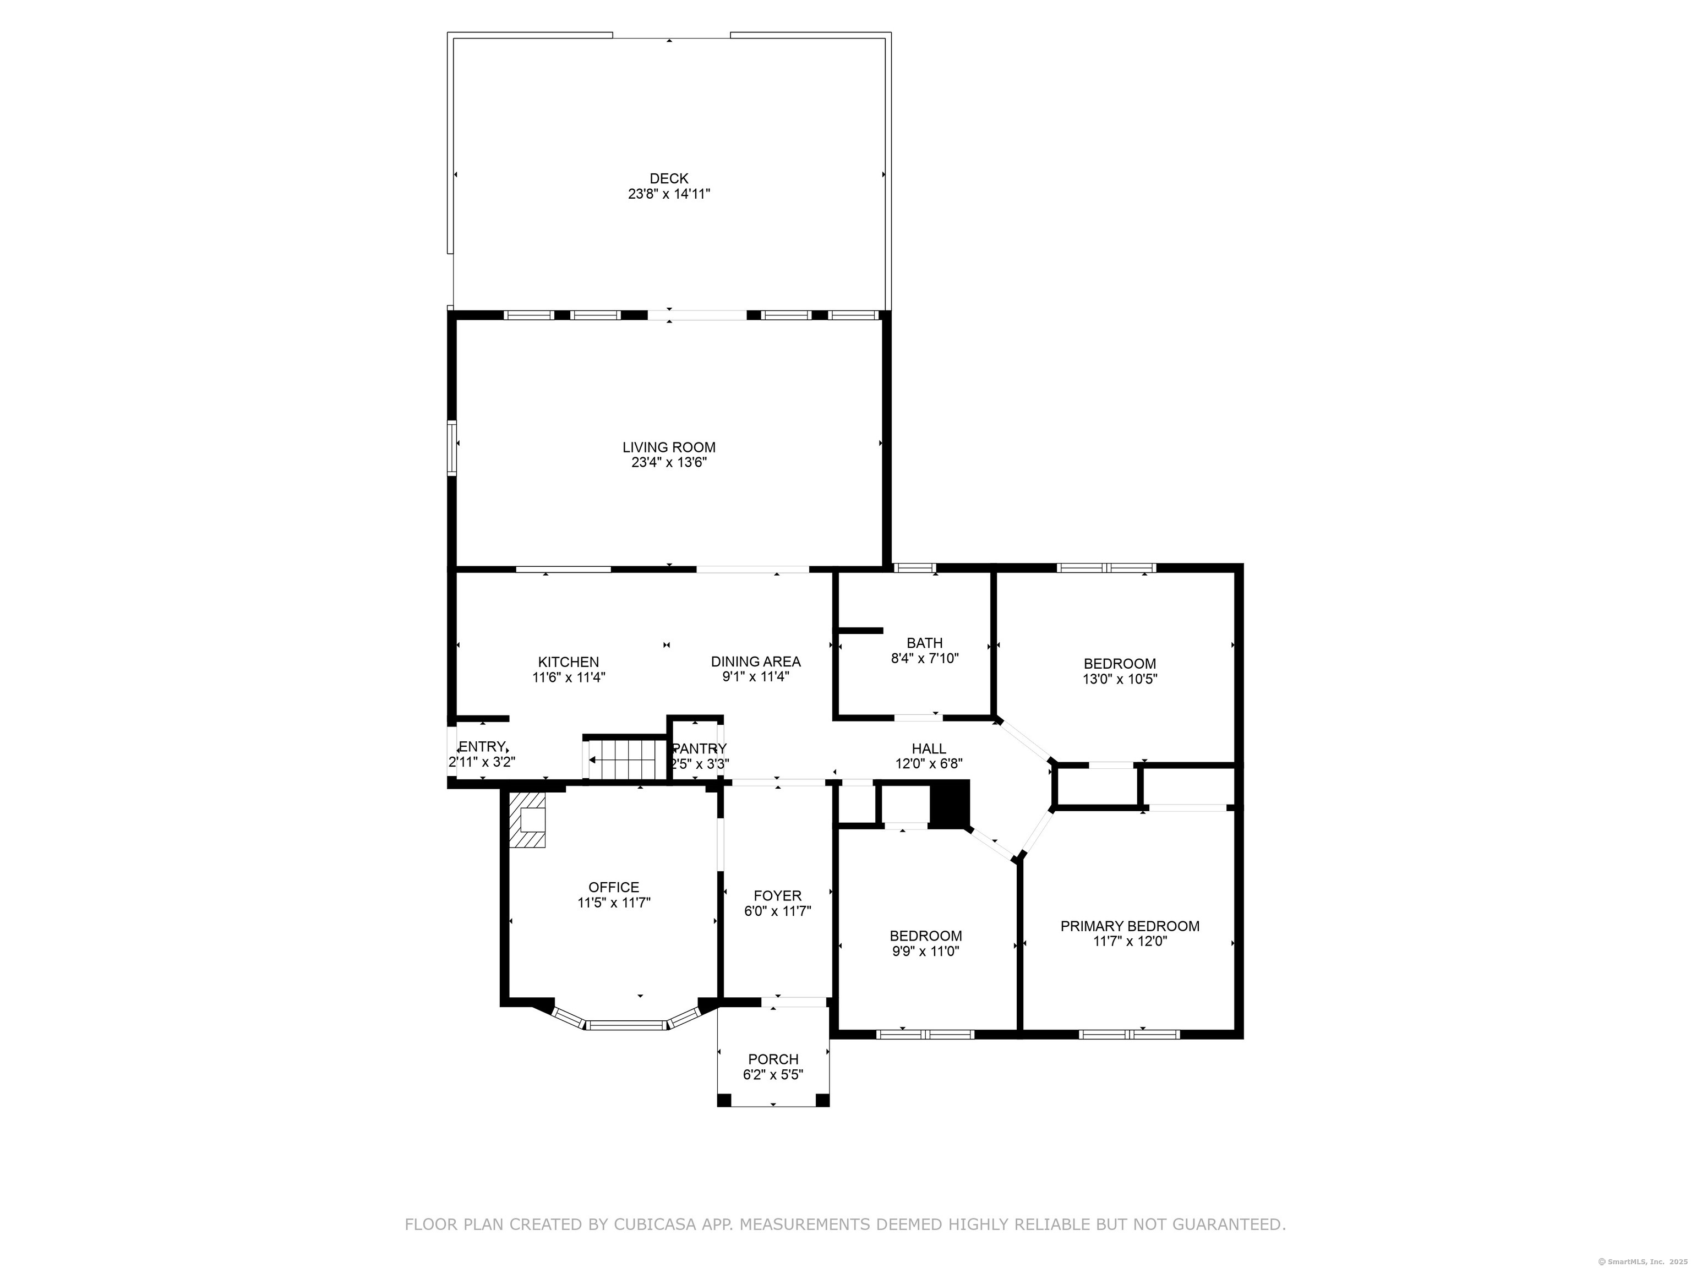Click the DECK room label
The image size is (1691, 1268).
coord(669,179)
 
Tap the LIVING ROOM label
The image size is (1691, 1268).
coord(669,447)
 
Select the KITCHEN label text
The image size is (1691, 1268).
coord(569,662)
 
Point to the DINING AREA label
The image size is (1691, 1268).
coord(756,662)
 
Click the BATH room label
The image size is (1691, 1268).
coord(925,643)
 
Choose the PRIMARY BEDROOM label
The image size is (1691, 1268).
coord(1130,926)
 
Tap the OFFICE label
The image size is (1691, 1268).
coord(614,887)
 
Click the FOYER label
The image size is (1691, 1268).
coord(777,896)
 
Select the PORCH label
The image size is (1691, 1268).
coord(773,1059)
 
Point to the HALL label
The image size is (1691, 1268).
coord(929,749)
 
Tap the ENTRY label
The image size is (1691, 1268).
coord(482,747)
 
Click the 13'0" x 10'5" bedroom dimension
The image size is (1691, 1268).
coord(1120,679)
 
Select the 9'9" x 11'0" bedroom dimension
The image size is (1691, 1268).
coord(925,952)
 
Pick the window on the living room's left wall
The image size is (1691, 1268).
coord(452,448)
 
